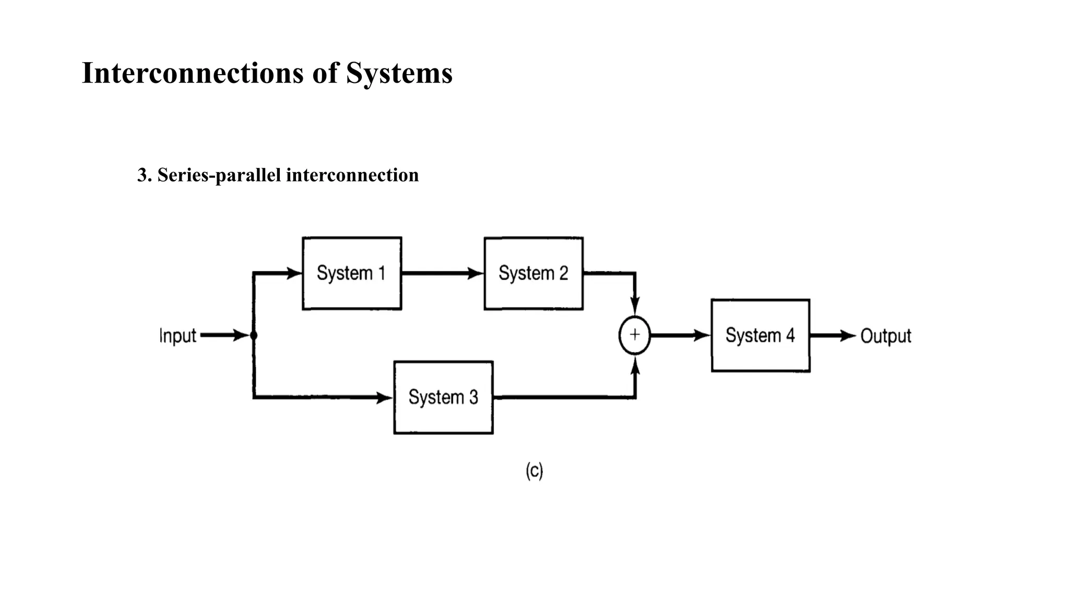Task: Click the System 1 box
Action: click(x=352, y=273)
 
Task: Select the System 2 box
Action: click(x=533, y=273)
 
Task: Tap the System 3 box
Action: click(x=443, y=398)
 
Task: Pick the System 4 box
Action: click(x=760, y=335)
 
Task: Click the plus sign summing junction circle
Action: click(x=635, y=335)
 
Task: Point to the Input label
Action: click(x=177, y=335)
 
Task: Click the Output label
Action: click(x=885, y=335)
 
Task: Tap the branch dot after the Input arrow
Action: click(x=254, y=335)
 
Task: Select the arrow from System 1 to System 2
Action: click(x=443, y=273)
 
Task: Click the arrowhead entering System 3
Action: click(x=385, y=398)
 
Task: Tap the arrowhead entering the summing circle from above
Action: click(x=635, y=306)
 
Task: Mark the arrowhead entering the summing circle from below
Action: click(x=635, y=366)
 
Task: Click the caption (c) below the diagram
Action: click(x=534, y=471)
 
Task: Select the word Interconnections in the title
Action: click(x=193, y=73)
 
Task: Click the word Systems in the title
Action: click(x=399, y=73)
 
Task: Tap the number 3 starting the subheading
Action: click(x=141, y=175)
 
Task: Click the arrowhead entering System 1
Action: click(x=295, y=273)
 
